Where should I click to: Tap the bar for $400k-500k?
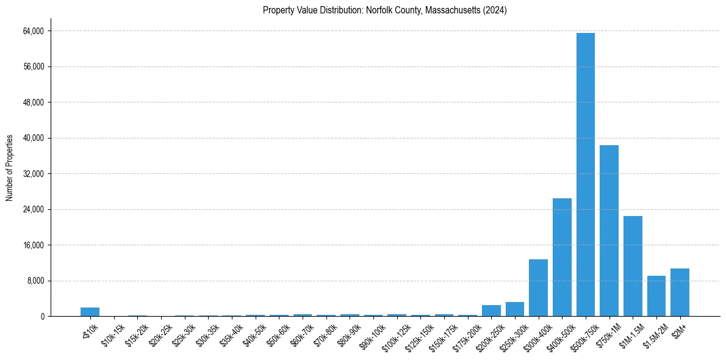pyautogui.click(x=562, y=257)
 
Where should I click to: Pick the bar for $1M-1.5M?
pyautogui.click(x=633, y=266)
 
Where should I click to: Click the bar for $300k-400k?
pyautogui.click(x=538, y=287)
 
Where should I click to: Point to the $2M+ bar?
pyautogui.click(x=680, y=292)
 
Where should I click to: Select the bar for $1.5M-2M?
pyautogui.click(x=656, y=296)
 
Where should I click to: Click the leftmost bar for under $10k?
pyautogui.click(x=90, y=312)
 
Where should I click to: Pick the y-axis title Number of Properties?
pyautogui.click(x=9, y=167)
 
